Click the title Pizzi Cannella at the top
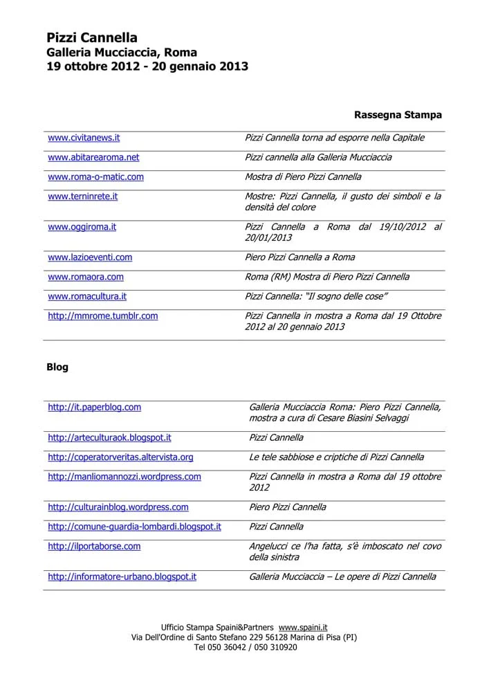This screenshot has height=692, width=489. coord(92,38)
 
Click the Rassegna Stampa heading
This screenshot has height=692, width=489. coord(398,114)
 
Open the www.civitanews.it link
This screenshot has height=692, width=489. coord(84,138)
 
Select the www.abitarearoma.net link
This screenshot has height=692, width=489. coord(93,157)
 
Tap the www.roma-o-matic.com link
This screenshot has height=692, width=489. coord(95,176)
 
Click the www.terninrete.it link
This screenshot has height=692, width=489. coord(82,196)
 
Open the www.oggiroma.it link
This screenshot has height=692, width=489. coord(82,226)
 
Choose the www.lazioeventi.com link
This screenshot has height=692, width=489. coord(90,257)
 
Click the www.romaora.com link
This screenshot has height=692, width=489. coord(86,276)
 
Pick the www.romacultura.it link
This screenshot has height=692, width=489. coord(87,295)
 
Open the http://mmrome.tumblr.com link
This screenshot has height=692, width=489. coord(102,316)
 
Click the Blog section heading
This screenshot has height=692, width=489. coord(57,367)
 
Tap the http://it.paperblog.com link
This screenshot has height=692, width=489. coord(94,407)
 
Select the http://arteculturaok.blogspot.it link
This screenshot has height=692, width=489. coord(109,437)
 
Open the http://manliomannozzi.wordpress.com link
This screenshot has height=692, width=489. coord(124,476)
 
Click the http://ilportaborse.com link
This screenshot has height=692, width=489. coord(94,546)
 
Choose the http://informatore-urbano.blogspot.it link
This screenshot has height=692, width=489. coord(122,576)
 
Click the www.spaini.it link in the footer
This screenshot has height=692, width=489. coord(303,626)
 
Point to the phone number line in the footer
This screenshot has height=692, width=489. coord(245,647)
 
